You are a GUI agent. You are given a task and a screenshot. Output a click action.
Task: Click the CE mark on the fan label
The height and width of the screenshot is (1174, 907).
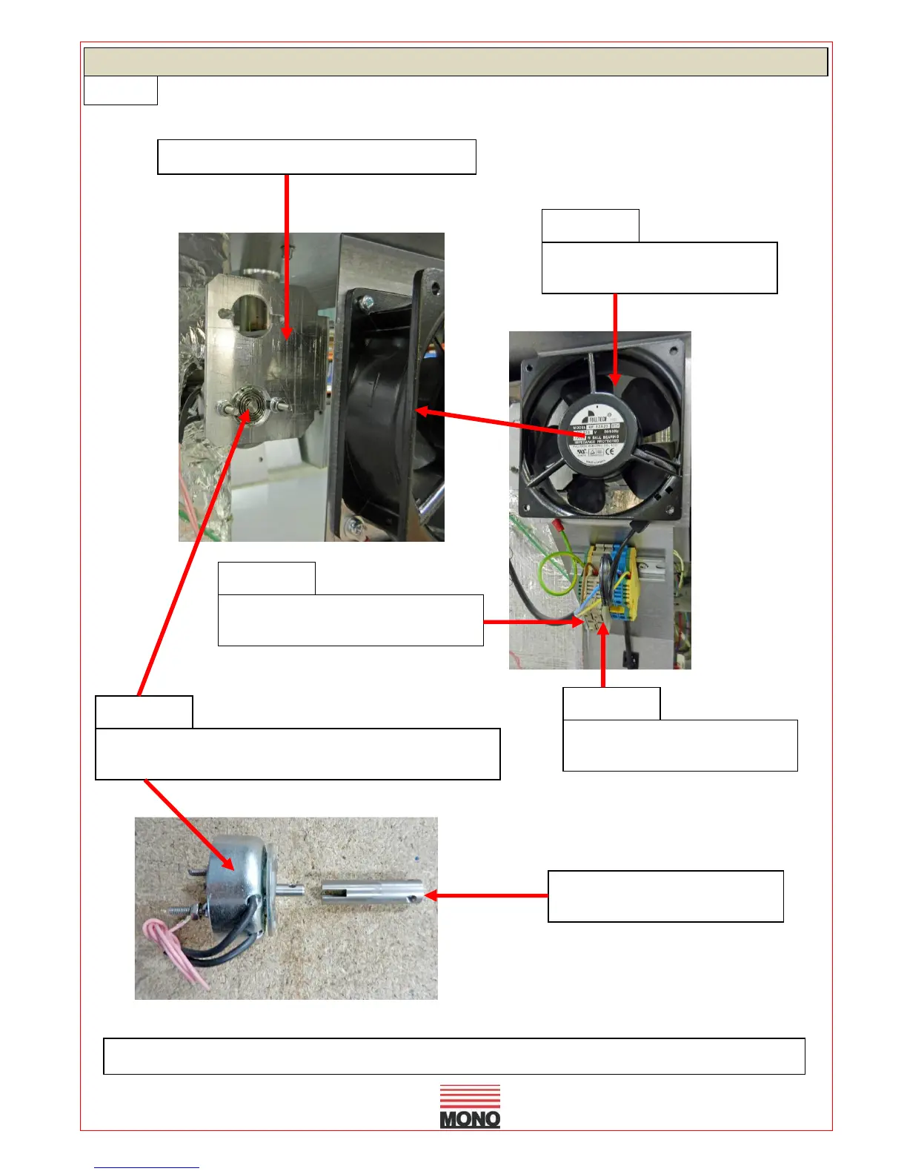pos(609,451)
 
